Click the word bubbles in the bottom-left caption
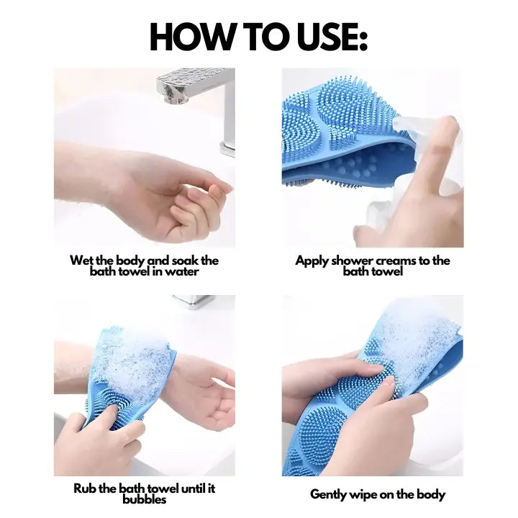(x=144, y=499)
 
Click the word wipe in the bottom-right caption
(x=369, y=494)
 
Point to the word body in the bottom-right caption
(x=431, y=494)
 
